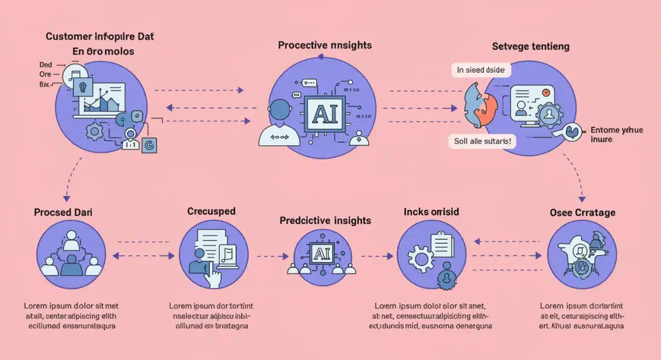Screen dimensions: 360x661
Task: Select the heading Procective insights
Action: coord(317,46)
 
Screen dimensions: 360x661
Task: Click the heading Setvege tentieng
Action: coord(530,47)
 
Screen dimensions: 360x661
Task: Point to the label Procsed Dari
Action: coord(63,212)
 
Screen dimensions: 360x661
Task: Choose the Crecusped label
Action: coord(211,211)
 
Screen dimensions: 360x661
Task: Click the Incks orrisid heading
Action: coord(431,212)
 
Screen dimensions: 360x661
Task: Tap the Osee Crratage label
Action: coord(582,212)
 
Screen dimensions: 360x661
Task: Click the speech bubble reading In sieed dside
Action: coord(481,70)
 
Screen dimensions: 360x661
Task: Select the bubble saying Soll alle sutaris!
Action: coord(482,141)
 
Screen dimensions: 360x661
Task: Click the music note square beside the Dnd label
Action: coord(74,76)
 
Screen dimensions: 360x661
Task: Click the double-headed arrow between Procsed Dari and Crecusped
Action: coord(141,255)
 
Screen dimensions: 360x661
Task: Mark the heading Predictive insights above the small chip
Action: coord(325,220)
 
